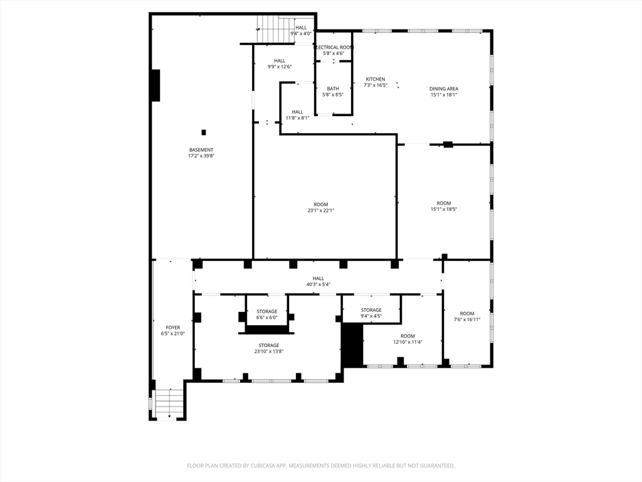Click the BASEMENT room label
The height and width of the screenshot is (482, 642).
(201, 150)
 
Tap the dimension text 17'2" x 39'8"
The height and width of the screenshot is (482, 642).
(201, 156)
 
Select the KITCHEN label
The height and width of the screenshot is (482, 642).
(376, 79)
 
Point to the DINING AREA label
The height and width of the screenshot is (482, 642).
(443, 89)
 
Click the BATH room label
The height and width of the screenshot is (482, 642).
(333, 88)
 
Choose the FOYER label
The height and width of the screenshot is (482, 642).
(172, 328)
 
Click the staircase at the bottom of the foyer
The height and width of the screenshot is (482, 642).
(169, 404)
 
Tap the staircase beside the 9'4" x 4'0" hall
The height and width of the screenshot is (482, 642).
(275, 29)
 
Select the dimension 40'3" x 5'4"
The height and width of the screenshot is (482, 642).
(318, 284)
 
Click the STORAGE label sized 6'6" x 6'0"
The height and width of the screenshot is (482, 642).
(266, 311)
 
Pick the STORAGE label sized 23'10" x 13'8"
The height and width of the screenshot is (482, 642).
(269, 345)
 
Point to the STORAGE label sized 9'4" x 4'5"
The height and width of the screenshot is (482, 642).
(371, 310)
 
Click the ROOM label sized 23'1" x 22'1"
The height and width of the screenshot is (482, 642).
(321, 205)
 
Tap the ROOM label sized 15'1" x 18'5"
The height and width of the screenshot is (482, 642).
(444, 203)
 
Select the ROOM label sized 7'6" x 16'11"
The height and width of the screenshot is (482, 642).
(467, 314)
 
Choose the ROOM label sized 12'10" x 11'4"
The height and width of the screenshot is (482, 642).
(408, 336)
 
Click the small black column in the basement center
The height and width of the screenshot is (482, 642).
(203, 132)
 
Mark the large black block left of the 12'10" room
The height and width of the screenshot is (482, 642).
(352, 345)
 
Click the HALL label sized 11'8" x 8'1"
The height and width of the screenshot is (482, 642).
(297, 112)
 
